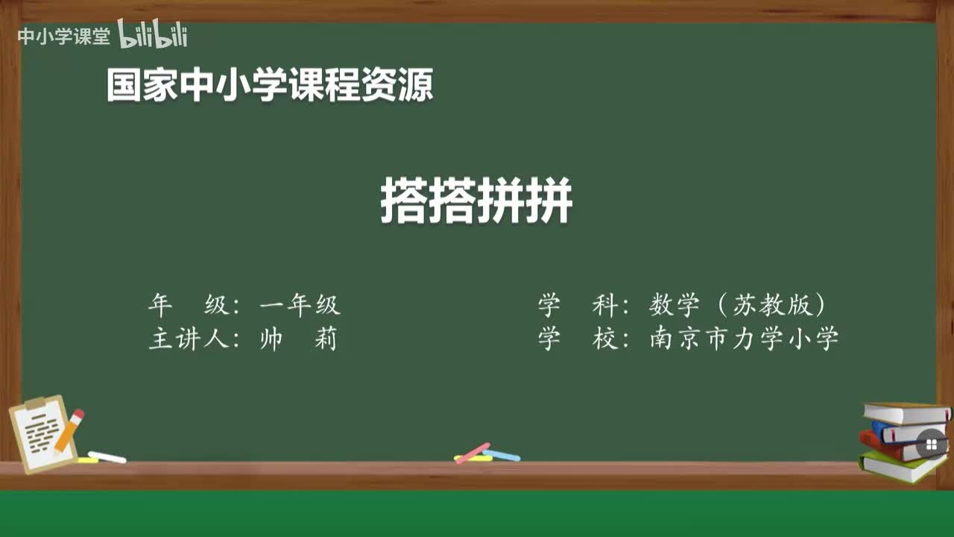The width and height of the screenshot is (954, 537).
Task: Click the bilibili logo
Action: (153, 34)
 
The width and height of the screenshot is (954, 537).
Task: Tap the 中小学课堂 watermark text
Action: (63, 37)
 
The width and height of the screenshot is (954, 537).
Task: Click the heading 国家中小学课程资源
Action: (269, 85)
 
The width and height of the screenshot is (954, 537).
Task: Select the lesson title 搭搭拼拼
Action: (476, 201)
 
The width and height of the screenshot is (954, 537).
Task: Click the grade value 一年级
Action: (300, 305)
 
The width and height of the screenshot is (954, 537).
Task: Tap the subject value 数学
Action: (675, 305)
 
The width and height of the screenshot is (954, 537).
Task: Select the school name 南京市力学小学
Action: (744, 339)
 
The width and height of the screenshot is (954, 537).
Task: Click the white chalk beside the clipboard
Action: (107, 456)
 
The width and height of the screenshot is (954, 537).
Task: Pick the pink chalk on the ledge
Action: (472, 453)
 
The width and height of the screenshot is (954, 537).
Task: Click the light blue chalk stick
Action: (502, 455)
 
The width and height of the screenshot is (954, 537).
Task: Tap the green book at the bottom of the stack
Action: (898, 466)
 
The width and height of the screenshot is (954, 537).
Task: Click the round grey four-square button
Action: (931, 445)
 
